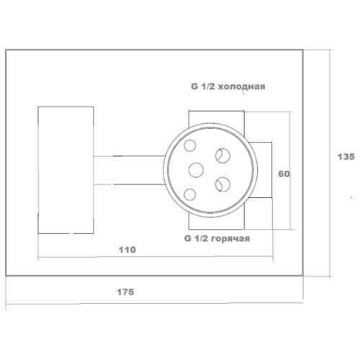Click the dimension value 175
click(x=125, y=292)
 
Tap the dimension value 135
click(x=346, y=157)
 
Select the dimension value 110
click(x=127, y=250)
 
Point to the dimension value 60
click(x=284, y=174)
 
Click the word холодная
click(x=241, y=86)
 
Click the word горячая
click(x=231, y=238)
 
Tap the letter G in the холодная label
click(x=194, y=86)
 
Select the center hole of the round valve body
click(x=196, y=170)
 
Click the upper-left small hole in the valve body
click(x=190, y=145)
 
